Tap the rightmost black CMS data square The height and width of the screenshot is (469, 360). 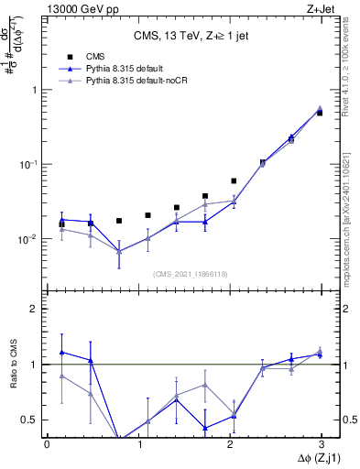[320, 113]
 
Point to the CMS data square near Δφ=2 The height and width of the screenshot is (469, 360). [234, 181]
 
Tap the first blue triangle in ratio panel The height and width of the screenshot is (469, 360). [61, 352]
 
